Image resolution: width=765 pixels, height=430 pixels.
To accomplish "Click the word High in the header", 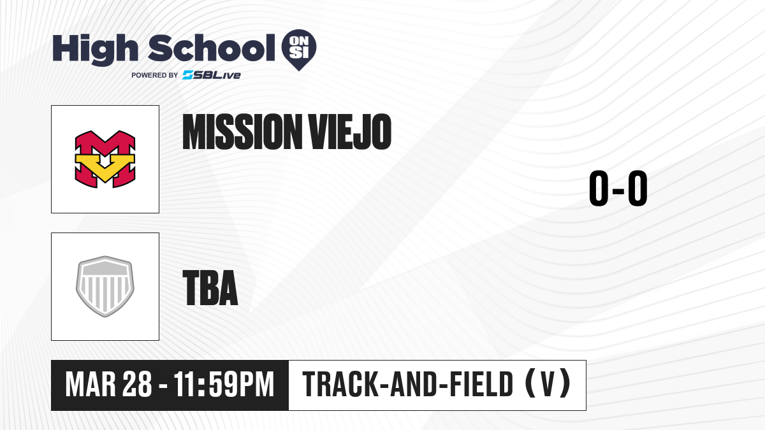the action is tap(95, 50).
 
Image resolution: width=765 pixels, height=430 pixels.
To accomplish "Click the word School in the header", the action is tap(212, 48).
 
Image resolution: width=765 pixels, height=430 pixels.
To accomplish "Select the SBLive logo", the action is tap(212, 75).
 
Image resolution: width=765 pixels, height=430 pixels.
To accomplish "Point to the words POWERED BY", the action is tap(155, 75).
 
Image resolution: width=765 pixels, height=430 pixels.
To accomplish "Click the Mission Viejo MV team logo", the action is tap(105, 159).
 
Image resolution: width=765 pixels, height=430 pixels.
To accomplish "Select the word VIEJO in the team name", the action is tap(350, 132).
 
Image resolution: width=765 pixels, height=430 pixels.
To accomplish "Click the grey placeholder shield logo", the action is tap(105, 287).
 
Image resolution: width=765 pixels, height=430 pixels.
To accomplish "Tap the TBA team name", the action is tap(210, 288).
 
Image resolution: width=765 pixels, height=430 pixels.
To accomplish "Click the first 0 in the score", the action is tap(599, 188).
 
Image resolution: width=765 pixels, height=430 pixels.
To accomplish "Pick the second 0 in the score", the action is tap(637, 188).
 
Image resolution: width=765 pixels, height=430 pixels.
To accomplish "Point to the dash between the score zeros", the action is tap(618, 190).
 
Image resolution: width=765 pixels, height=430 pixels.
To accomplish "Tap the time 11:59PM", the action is tap(224, 385).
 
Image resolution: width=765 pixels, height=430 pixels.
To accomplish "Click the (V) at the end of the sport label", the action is tap(548, 384).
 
